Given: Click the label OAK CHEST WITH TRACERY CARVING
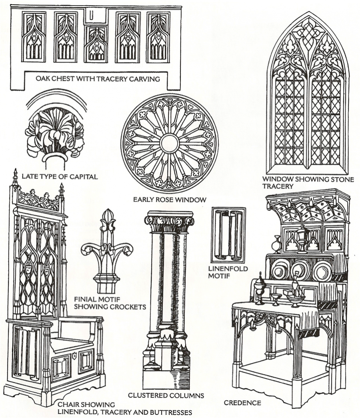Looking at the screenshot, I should (x=98, y=79).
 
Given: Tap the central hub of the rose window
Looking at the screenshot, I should (x=170, y=143).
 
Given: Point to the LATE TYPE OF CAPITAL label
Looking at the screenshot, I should (x=60, y=176).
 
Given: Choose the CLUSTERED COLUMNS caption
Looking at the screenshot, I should (x=166, y=396).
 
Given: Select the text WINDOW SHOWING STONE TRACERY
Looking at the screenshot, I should (x=308, y=182).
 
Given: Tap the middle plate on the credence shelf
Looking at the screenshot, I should (x=300, y=271).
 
